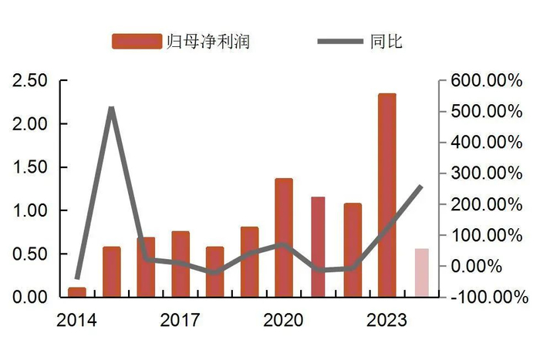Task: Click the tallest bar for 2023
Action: click(x=386, y=195)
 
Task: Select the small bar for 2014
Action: click(x=77, y=291)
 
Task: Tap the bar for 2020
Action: click(x=284, y=237)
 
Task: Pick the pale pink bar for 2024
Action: click(x=421, y=272)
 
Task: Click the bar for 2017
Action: click(x=181, y=264)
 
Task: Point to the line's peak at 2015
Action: click(x=112, y=108)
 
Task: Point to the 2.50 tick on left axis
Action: click(x=32, y=80)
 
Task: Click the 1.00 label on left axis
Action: click(x=32, y=210)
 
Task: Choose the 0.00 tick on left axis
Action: click(x=32, y=297)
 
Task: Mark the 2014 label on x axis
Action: click(x=77, y=319)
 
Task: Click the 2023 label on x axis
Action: click(x=386, y=319)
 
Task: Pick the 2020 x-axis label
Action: click(x=284, y=319)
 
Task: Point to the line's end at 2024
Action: click(x=421, y=186)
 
